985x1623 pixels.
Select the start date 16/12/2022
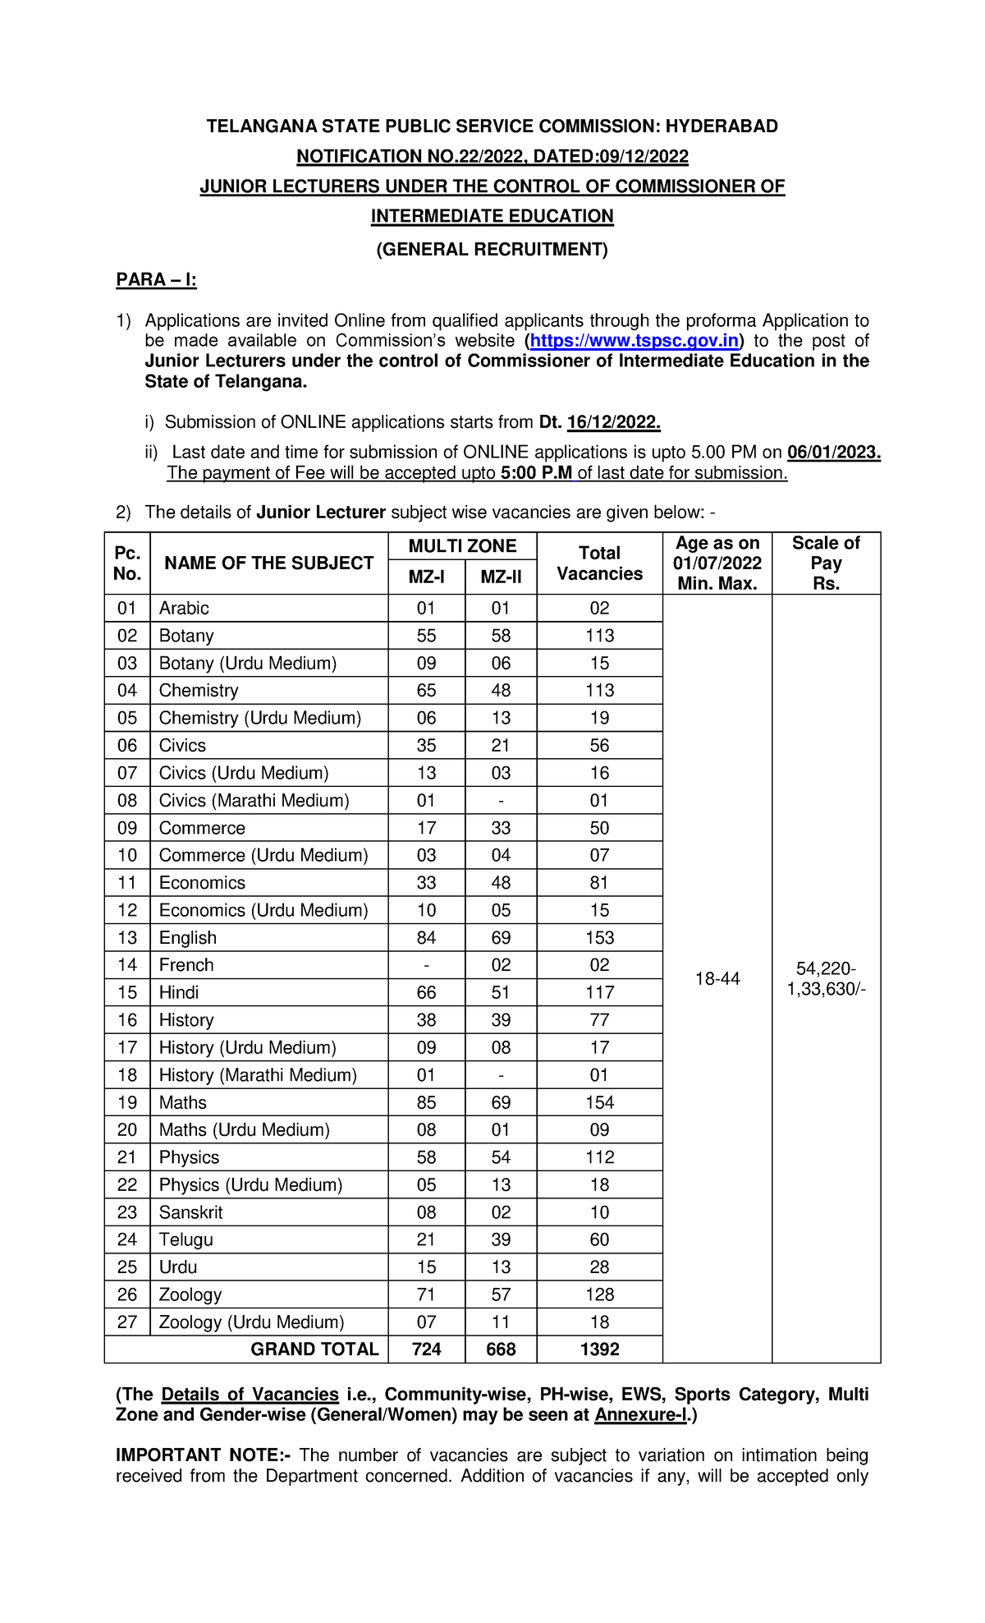pyautogui.click(x=613, y=422)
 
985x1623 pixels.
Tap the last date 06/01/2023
pyautogui.click(x=833, y=453)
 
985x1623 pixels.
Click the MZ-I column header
pyautogui.click(x=426, y=577)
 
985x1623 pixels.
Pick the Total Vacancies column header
pyautogui.click(x=599, y=563)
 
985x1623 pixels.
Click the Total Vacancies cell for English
pyautogui.click(x=599, y=938)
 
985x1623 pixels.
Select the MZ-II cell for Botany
pyautogui.click(x=501, y=636)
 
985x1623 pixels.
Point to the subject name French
pyautogui.click(x=186, y=965)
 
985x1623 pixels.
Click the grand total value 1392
pyautogui.click(x=599, y=1349)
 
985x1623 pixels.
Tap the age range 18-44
pyautogui.click(x=717, y=979)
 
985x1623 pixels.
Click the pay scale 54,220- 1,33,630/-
pyautogui.click(x=826, y=979)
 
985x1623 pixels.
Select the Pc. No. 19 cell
pyautogui.click(x=127, y=1102)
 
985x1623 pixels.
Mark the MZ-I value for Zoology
pyautogui.click(x=426, y=1294)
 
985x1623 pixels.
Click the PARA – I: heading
pyautogui.click(x=156, y=280)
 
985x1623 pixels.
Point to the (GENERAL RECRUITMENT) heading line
pyautogui.click(x=492, y=250)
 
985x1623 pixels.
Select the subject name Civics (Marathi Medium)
pyautogui.click(x=254, y=801)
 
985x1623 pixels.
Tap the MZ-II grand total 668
pyautogui.click(x=501, y=1349)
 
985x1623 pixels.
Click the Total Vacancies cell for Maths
pyautogui.click(x=599, y=1102)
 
